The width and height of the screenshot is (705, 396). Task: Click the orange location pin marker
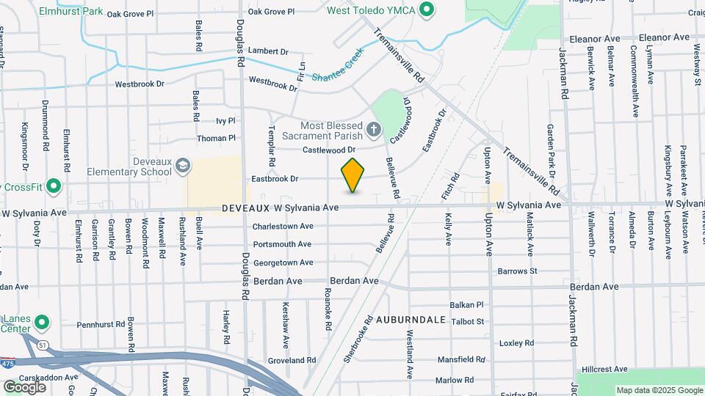[353, 175]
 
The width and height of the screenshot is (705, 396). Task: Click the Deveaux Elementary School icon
[182, 167]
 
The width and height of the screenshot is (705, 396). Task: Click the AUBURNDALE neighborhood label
[411, 320]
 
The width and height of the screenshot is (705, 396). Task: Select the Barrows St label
[517, 271]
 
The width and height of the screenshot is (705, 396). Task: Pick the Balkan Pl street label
[467, 304]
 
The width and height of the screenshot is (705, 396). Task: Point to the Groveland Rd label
[292, 360]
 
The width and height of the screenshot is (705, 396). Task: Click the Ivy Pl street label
[225, 121]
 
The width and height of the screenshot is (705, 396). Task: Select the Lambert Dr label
[268, 51]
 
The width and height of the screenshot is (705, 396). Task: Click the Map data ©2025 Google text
[659, 390]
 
